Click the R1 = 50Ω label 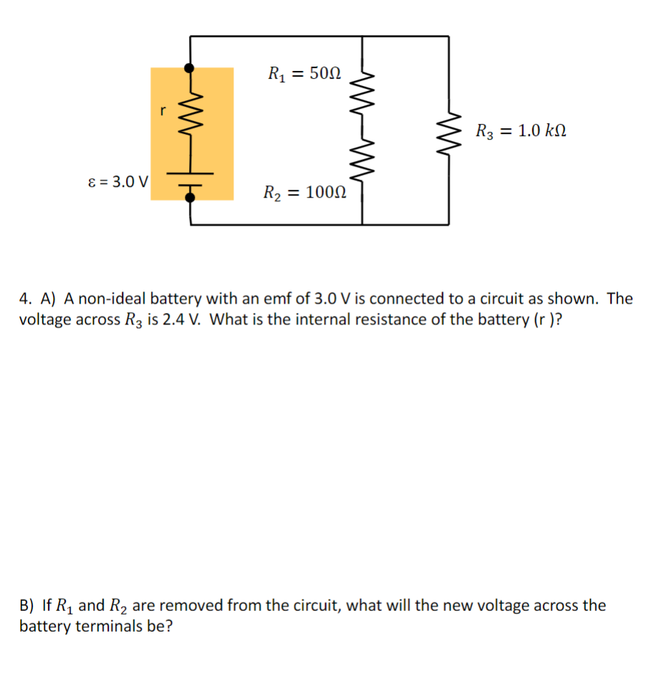pos(304,73)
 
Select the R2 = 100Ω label pos(305,193)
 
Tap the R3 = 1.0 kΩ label pos(521,131)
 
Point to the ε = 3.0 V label pos(117,181)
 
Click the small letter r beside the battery pos(163,111)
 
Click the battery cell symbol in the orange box pos(190,178)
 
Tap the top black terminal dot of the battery pos(190,68)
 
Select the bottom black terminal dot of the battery pos(190,199)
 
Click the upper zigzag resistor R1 pos(362,90)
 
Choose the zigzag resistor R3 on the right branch pos(449,130)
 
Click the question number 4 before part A pos(26,299)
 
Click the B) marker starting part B pos(27,606)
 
